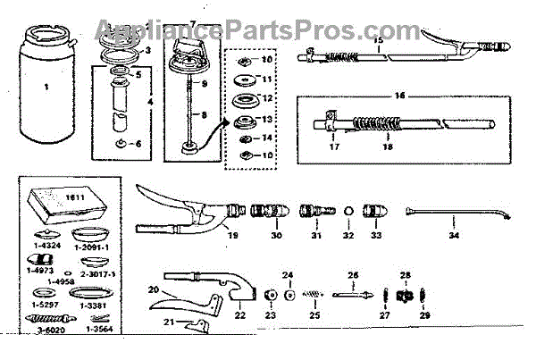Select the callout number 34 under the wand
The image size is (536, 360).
(454, 236)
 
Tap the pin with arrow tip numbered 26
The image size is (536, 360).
(353, 292)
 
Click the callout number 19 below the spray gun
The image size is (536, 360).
(233, 237)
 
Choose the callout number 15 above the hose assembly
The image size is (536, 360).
(379, 39)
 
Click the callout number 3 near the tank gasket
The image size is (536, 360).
(148, 50)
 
